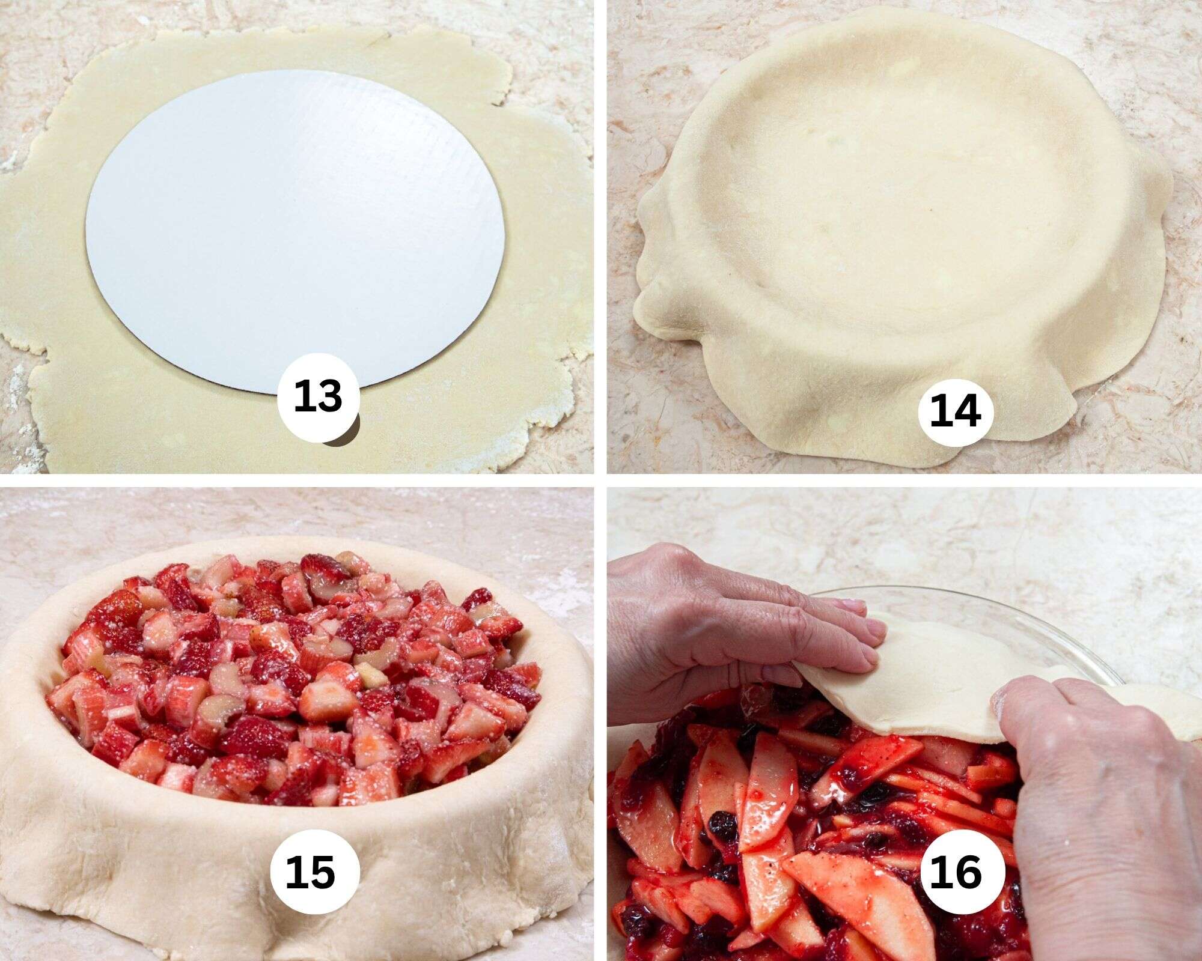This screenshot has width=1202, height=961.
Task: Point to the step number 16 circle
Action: coord(954,872)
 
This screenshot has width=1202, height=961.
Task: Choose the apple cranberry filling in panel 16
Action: coord(781,841)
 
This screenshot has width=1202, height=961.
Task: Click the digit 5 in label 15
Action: coord(326,872)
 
